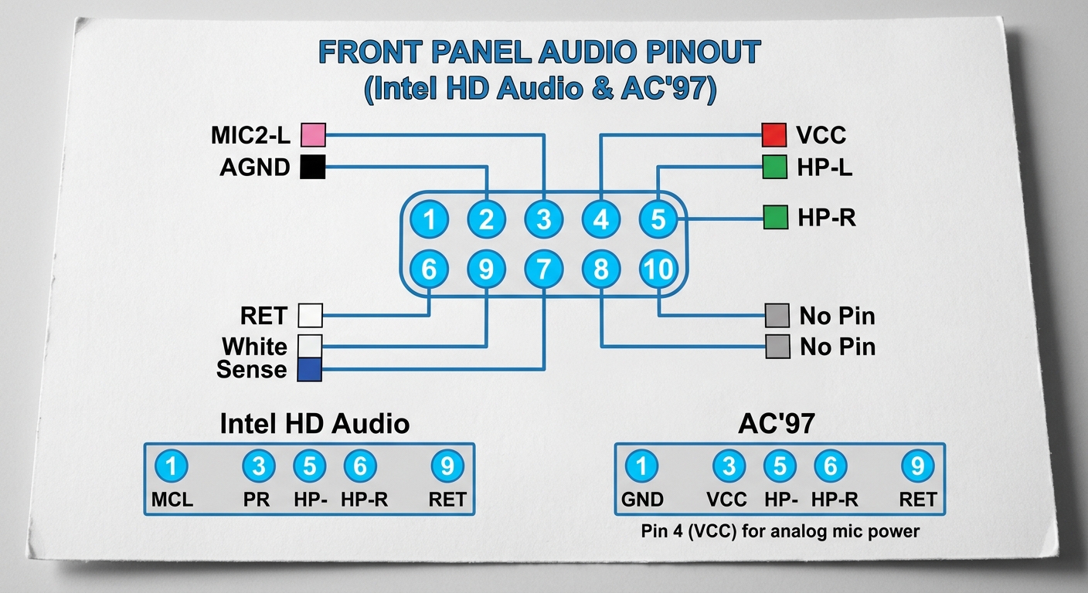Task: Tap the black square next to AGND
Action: coord(313,167)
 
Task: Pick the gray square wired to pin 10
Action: coord(777,315)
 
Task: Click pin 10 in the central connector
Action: coord(658,269)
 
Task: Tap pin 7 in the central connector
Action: coord(544,269)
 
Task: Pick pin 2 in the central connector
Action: coord(487,220)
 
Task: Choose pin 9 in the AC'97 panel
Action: coord(917,466)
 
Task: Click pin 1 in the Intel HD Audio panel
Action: coord(172,466)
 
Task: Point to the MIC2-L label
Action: coord(250,136)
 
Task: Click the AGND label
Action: coord(255,168)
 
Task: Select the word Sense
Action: coord(251,370)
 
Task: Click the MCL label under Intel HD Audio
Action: coord(172,500)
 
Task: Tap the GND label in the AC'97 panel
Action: coord(642,500)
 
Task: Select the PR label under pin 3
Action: coord(257,500)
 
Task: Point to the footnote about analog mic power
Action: coord(780,532)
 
